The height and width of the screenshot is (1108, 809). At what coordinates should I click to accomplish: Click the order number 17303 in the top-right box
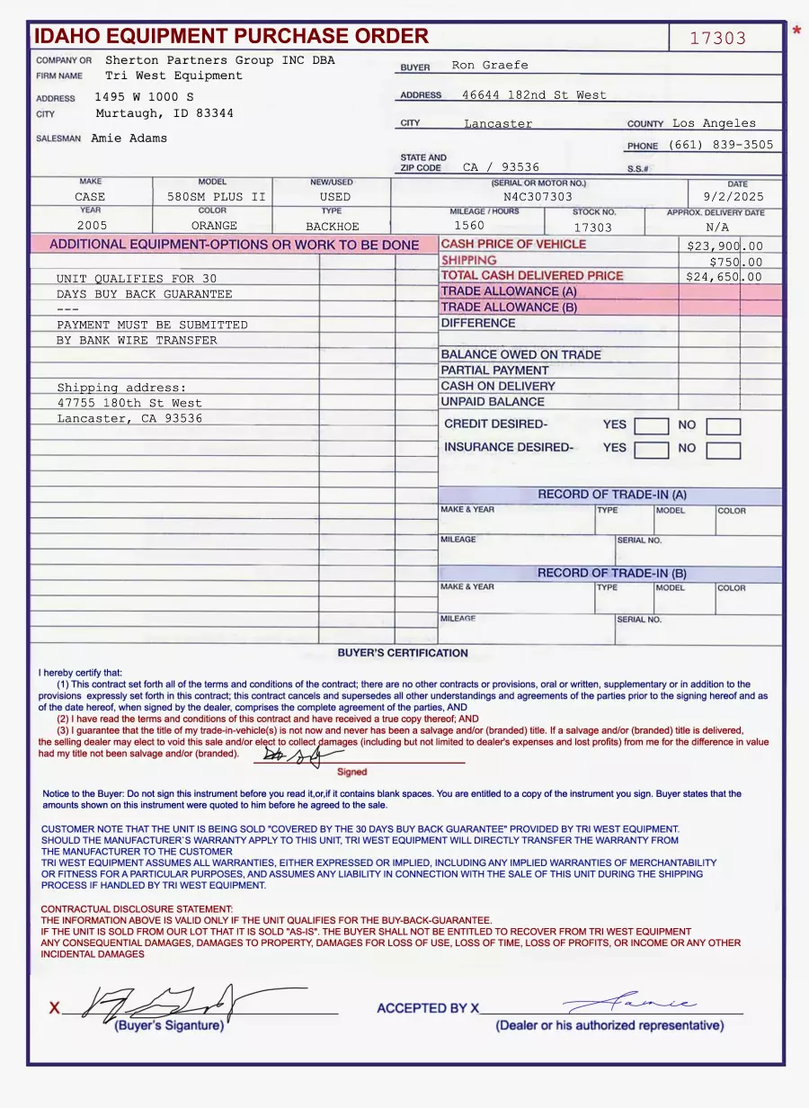click(717, 38)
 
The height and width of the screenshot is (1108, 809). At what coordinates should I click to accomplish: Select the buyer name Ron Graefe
click(490, 65)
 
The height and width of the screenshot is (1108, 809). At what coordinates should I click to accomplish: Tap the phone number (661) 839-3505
click(721, 144)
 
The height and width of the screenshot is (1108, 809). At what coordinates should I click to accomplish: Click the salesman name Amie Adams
click(129, 138)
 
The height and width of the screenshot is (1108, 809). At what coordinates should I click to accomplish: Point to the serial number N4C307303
click(538, 197)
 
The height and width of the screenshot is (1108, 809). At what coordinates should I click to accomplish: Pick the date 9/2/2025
click(733, 197)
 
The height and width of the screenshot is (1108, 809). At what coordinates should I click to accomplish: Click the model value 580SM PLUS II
click(217, 197)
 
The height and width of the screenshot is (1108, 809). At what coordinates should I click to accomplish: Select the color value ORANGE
click(214, 226)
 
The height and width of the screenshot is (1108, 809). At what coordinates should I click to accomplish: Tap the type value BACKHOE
click(332, 227)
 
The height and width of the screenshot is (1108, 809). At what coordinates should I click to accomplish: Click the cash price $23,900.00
click(725, 246)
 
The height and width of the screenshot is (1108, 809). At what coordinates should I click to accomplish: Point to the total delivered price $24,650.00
click(725, 277)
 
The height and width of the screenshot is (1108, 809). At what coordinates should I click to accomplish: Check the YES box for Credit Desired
click(651, 426)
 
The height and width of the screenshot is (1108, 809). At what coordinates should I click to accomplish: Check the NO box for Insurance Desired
click(723, 451)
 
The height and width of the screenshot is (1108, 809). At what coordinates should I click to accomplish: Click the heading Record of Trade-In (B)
click(611, 573)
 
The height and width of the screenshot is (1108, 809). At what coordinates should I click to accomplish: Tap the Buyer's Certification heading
click(403, 653)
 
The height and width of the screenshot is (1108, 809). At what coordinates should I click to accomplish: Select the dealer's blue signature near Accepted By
click(629, 1003)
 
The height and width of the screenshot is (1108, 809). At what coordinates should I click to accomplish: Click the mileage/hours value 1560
click(469, 226)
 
